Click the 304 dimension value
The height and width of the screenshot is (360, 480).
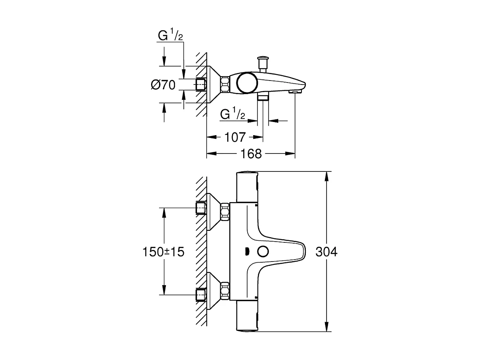click(x=326, y=252)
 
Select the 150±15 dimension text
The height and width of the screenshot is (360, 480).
click(x=163, y=252)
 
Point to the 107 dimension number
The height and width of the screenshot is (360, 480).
click(x=234, y=138)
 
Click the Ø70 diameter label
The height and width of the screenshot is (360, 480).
click(x=163, y=85)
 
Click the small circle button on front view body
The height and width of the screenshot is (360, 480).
click(x=263, y=252)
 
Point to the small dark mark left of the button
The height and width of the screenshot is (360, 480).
click(x=247, y=252)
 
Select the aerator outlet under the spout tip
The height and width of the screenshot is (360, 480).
click(x=293, y=92)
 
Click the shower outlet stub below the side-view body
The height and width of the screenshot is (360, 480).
click(x=263, y=98)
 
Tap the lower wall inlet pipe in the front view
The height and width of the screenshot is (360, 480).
click(x=201, y=295)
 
